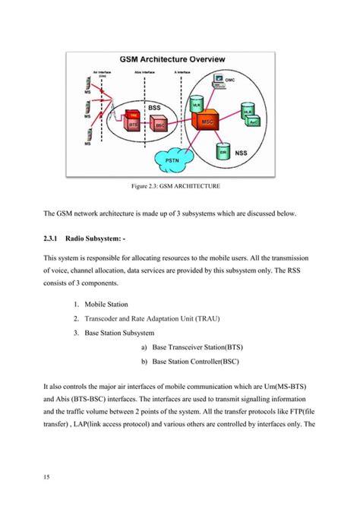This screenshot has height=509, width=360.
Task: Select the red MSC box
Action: coord(207,122)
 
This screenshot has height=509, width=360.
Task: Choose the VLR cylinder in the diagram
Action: coord(195,100)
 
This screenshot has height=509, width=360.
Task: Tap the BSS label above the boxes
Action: coord(154,107)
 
